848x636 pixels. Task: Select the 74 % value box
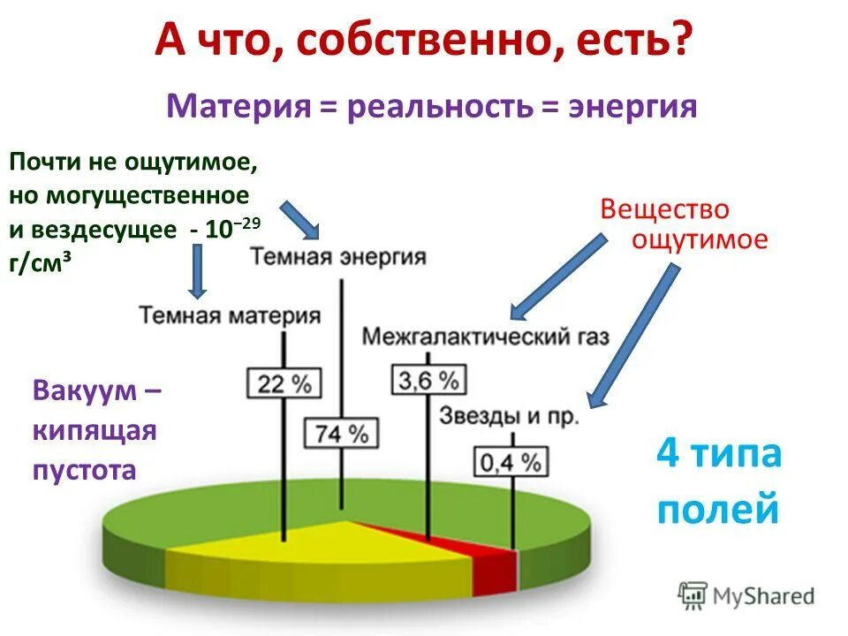point(342,433)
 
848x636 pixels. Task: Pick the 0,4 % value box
point(511,461)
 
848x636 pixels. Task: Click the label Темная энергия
point(337,257)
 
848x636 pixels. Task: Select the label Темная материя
point(229,315)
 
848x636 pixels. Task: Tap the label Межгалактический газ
point(486,337)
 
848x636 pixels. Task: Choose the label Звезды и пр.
point(509,415)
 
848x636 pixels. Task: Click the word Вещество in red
point(665,209)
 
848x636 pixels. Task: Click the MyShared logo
point(746,595)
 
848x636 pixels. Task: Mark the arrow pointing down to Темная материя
point(199,269)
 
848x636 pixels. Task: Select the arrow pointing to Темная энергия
point(301,220)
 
